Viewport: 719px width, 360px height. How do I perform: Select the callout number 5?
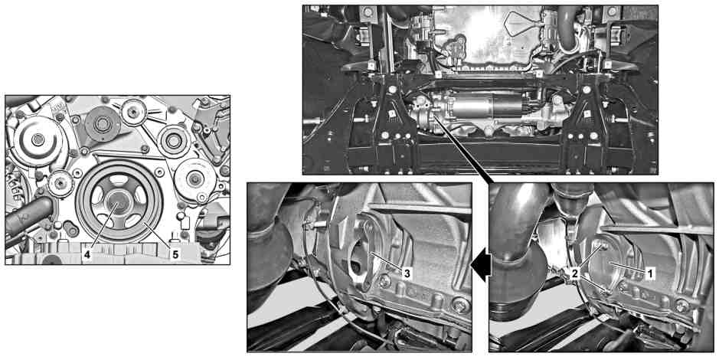pos(175,254)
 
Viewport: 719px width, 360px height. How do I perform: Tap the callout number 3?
pos(406,273)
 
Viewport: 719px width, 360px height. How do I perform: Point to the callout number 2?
pos(574,273)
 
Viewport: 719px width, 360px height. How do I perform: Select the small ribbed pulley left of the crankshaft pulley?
pos(60,182)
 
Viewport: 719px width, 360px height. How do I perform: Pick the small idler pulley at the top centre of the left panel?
pos(134,111)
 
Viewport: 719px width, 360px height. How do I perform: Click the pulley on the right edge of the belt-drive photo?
pos(194,179)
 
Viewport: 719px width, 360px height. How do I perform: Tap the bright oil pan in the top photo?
pos(482,34)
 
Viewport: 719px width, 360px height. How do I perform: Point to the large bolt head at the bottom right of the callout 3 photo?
pos(461,305)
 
